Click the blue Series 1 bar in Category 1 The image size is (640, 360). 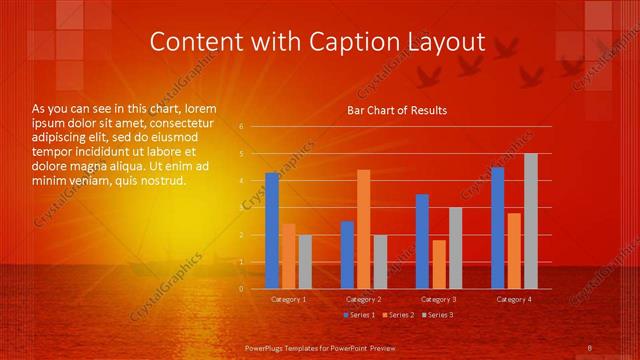[x=272, y=231]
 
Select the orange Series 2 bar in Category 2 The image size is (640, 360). [x=363, y=229]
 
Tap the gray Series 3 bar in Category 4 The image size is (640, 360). [x=530, y=221]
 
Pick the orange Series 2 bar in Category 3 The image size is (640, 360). [x=438, y=264]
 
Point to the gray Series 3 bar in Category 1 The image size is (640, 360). [x=305, y=262]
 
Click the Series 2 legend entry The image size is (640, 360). [x=397, y=315]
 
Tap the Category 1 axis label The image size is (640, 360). [x=289, y=299]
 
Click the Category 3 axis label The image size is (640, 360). [x=438, y=299]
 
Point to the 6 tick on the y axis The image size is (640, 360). [x=241, y=127]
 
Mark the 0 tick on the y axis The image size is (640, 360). [x=241, y=289]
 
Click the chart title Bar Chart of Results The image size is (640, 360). [x=397, y=110]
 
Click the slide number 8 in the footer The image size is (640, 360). [x=590, y=347]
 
